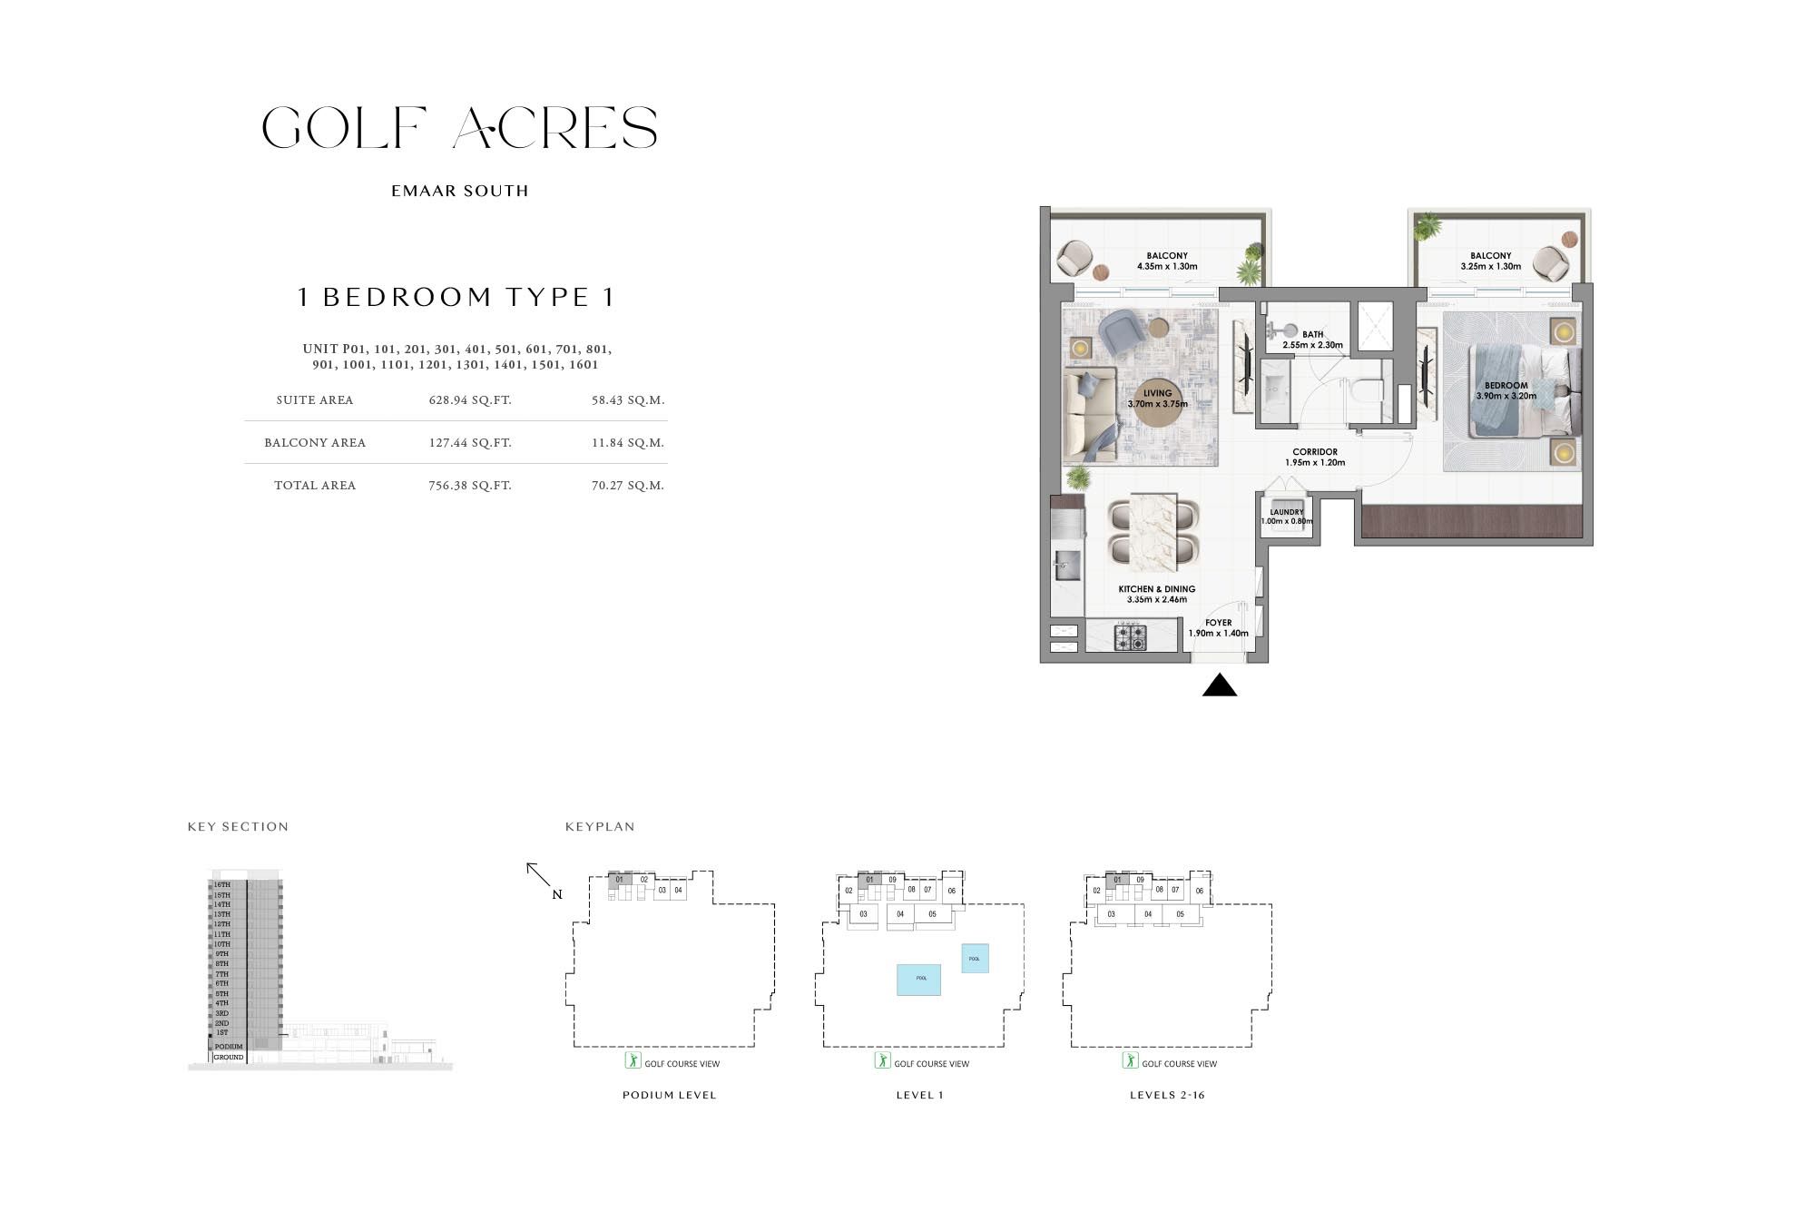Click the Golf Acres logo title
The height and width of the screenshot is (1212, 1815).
459,128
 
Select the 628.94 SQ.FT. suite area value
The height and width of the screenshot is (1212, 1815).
470,400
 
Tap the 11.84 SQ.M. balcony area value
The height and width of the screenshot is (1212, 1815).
627,443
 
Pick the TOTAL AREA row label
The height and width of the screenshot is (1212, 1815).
315,486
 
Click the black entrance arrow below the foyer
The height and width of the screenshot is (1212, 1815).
1220,686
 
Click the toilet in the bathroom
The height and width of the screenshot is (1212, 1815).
1365,390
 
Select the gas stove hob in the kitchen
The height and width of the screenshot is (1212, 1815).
1131,636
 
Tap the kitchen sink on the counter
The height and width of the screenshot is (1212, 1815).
1066,566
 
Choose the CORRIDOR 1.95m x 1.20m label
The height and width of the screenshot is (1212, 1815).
1315,457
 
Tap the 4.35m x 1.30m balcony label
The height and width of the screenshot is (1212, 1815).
1167,261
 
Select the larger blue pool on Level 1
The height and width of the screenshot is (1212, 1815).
918,980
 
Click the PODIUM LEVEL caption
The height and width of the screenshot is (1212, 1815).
669,1095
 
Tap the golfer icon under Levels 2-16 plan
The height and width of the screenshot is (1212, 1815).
1130,1060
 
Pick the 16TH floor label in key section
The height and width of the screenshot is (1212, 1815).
222,884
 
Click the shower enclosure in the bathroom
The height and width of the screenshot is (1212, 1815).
1374,326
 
